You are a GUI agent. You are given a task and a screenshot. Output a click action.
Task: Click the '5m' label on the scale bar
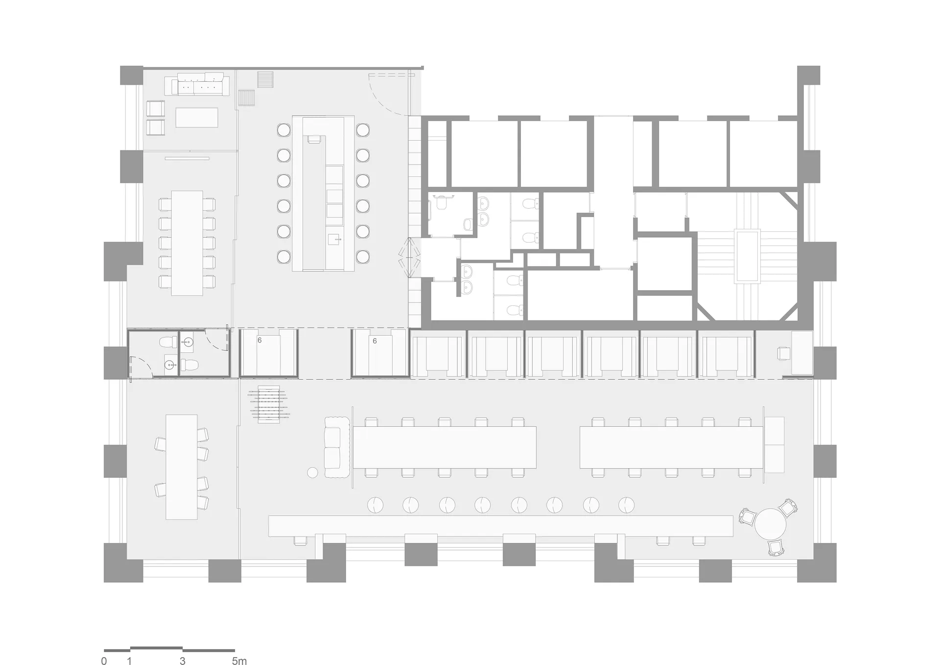tap(239, 661)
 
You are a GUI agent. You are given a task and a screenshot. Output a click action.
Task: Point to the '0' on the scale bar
tap(104, 661)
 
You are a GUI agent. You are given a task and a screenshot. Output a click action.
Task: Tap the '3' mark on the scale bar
tap(183, 661)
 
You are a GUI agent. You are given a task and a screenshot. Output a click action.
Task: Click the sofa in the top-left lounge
tap(197, 84)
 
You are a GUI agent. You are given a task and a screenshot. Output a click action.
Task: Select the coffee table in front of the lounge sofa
tap(197, 117)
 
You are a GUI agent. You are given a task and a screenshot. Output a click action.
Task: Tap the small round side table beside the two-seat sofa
tap(312, 473)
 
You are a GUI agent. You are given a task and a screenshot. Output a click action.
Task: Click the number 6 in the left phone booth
tap(259, 340)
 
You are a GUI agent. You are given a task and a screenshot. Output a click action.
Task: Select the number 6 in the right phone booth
tap(375, 341)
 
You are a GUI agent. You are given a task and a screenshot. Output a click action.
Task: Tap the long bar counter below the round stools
tap(500, 526)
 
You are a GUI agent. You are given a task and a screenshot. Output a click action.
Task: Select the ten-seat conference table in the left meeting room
tap(187, 243)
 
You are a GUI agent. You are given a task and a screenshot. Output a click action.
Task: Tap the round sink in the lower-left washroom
tap(169, 365)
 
